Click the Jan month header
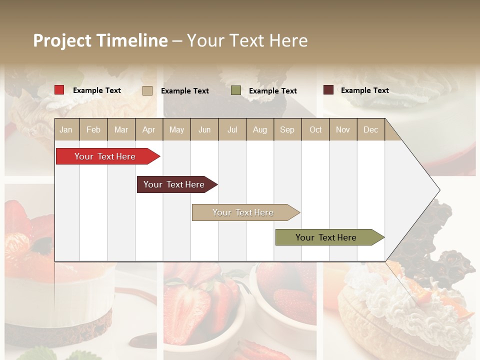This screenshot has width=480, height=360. pyautogui.click(x=66, y=129)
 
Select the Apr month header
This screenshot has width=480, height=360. pyautogui.click(x=148, y=129)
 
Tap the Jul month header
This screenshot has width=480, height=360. pyautogui.click(x=232, y=129)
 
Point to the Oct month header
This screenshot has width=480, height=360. pyautogui.click(x=315, y=129)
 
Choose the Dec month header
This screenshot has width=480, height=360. pyautogui.click(x=370, y=129)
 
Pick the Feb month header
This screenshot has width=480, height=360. pyautogui.click(x=93, y=129)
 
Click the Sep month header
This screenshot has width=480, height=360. pyautogui.click(x=287, y=129)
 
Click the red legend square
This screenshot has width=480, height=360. pyautogui.click(x=59, y=90)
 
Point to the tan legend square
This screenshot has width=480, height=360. pyautogui.click(x=147, y=90)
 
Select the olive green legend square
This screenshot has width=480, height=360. pyautogui.click(x=236, y=90)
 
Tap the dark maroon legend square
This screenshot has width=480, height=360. pyautogui.click(x=328, y=90)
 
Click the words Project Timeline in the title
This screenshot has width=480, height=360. pyautogui.click(x=100, y=40)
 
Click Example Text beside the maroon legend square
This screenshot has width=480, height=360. pyautogui.click(x=364, y=90)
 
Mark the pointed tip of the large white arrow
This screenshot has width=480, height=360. pyautogui.click(x=439, y=190)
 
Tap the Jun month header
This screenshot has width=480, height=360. pyautogui.click(x=204, y=129)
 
